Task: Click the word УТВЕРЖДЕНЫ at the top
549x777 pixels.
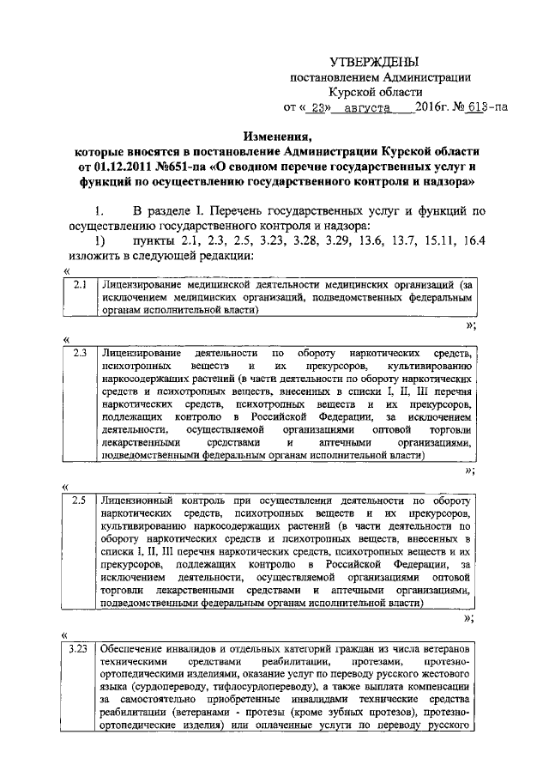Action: pos(375,63)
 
